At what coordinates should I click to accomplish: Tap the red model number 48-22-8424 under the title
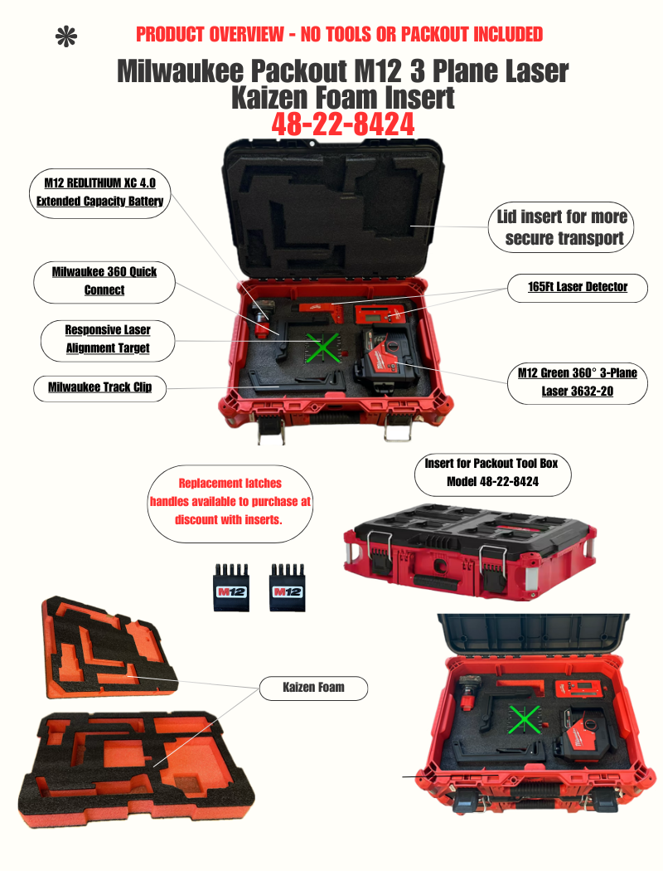(343, 124)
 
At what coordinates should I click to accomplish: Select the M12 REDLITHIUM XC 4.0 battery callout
(99, 192)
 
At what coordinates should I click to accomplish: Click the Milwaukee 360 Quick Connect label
(104, 281)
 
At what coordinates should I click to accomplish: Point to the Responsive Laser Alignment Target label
(108, 338)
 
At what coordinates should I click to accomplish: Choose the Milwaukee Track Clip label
(99, 387)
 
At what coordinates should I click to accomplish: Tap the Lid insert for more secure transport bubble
(563, 228)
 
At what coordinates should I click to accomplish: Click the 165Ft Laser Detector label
(578, 287)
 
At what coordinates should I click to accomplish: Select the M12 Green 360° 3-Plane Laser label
(578, 382)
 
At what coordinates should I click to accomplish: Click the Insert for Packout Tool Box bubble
(485, 472)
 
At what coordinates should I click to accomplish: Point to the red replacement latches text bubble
(230, 501)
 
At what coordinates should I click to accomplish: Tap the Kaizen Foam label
(313, 687)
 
